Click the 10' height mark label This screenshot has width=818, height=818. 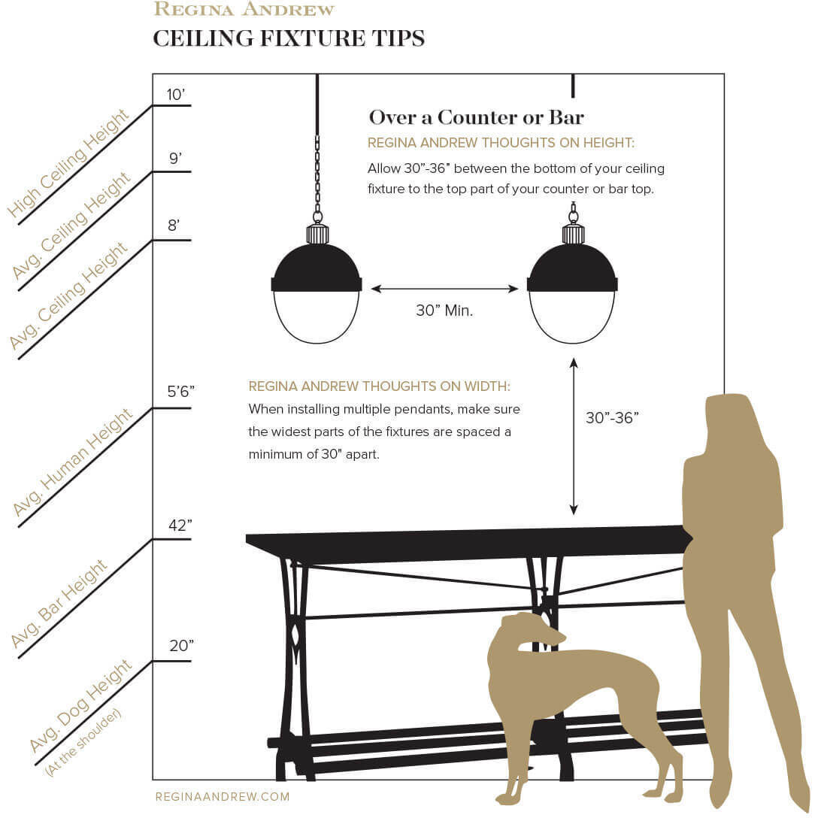[175, 95]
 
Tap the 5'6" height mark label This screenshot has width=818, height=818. [180, 392]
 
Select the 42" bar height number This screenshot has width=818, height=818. [180, 525]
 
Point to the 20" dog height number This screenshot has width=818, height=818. [181, 646]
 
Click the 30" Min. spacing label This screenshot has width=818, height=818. [444, 311]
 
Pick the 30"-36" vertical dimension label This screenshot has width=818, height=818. [612, 418]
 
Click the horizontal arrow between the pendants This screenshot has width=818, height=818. [444, 289]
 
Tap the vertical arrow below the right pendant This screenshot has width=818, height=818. [574, 436]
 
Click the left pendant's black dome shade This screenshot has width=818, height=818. [317, 267]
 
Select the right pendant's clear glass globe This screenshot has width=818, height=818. [572, 316]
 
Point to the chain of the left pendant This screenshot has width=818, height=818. [317, 173]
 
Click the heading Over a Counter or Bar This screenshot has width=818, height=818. [476, 117]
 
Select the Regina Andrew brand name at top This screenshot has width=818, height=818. [244, 10]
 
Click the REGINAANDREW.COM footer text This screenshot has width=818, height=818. [223, 797]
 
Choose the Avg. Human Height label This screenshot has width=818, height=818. [73, 463]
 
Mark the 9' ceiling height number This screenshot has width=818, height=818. [175, 159]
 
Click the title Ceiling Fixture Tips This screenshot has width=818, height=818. [289, 38]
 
